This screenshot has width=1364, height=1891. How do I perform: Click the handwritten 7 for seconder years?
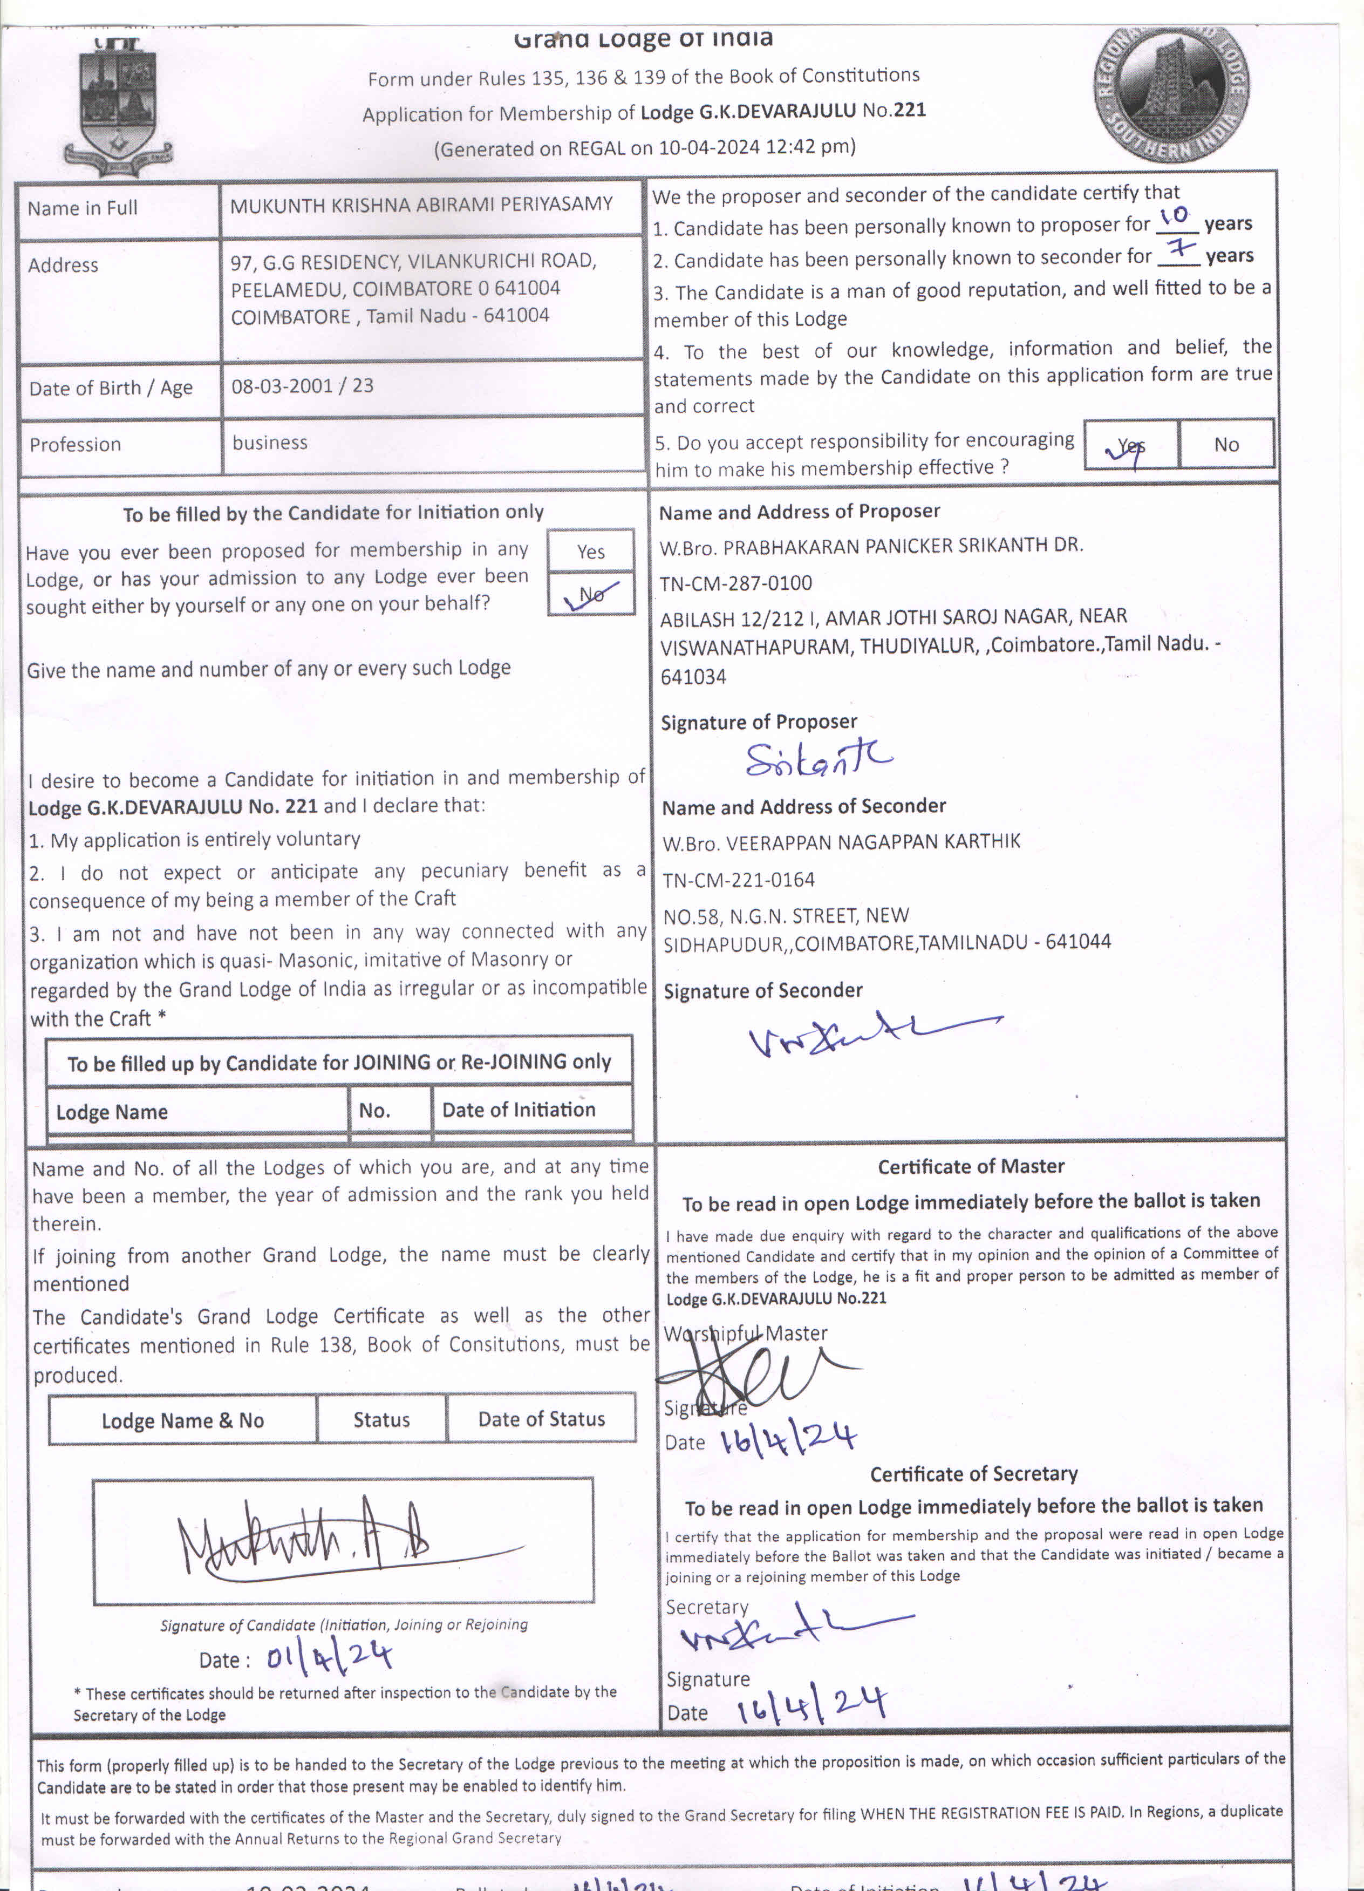click(1181, 248)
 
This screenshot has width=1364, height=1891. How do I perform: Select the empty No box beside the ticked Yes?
click(1225, 444)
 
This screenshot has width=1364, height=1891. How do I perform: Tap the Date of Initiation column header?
click(518, 1110)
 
